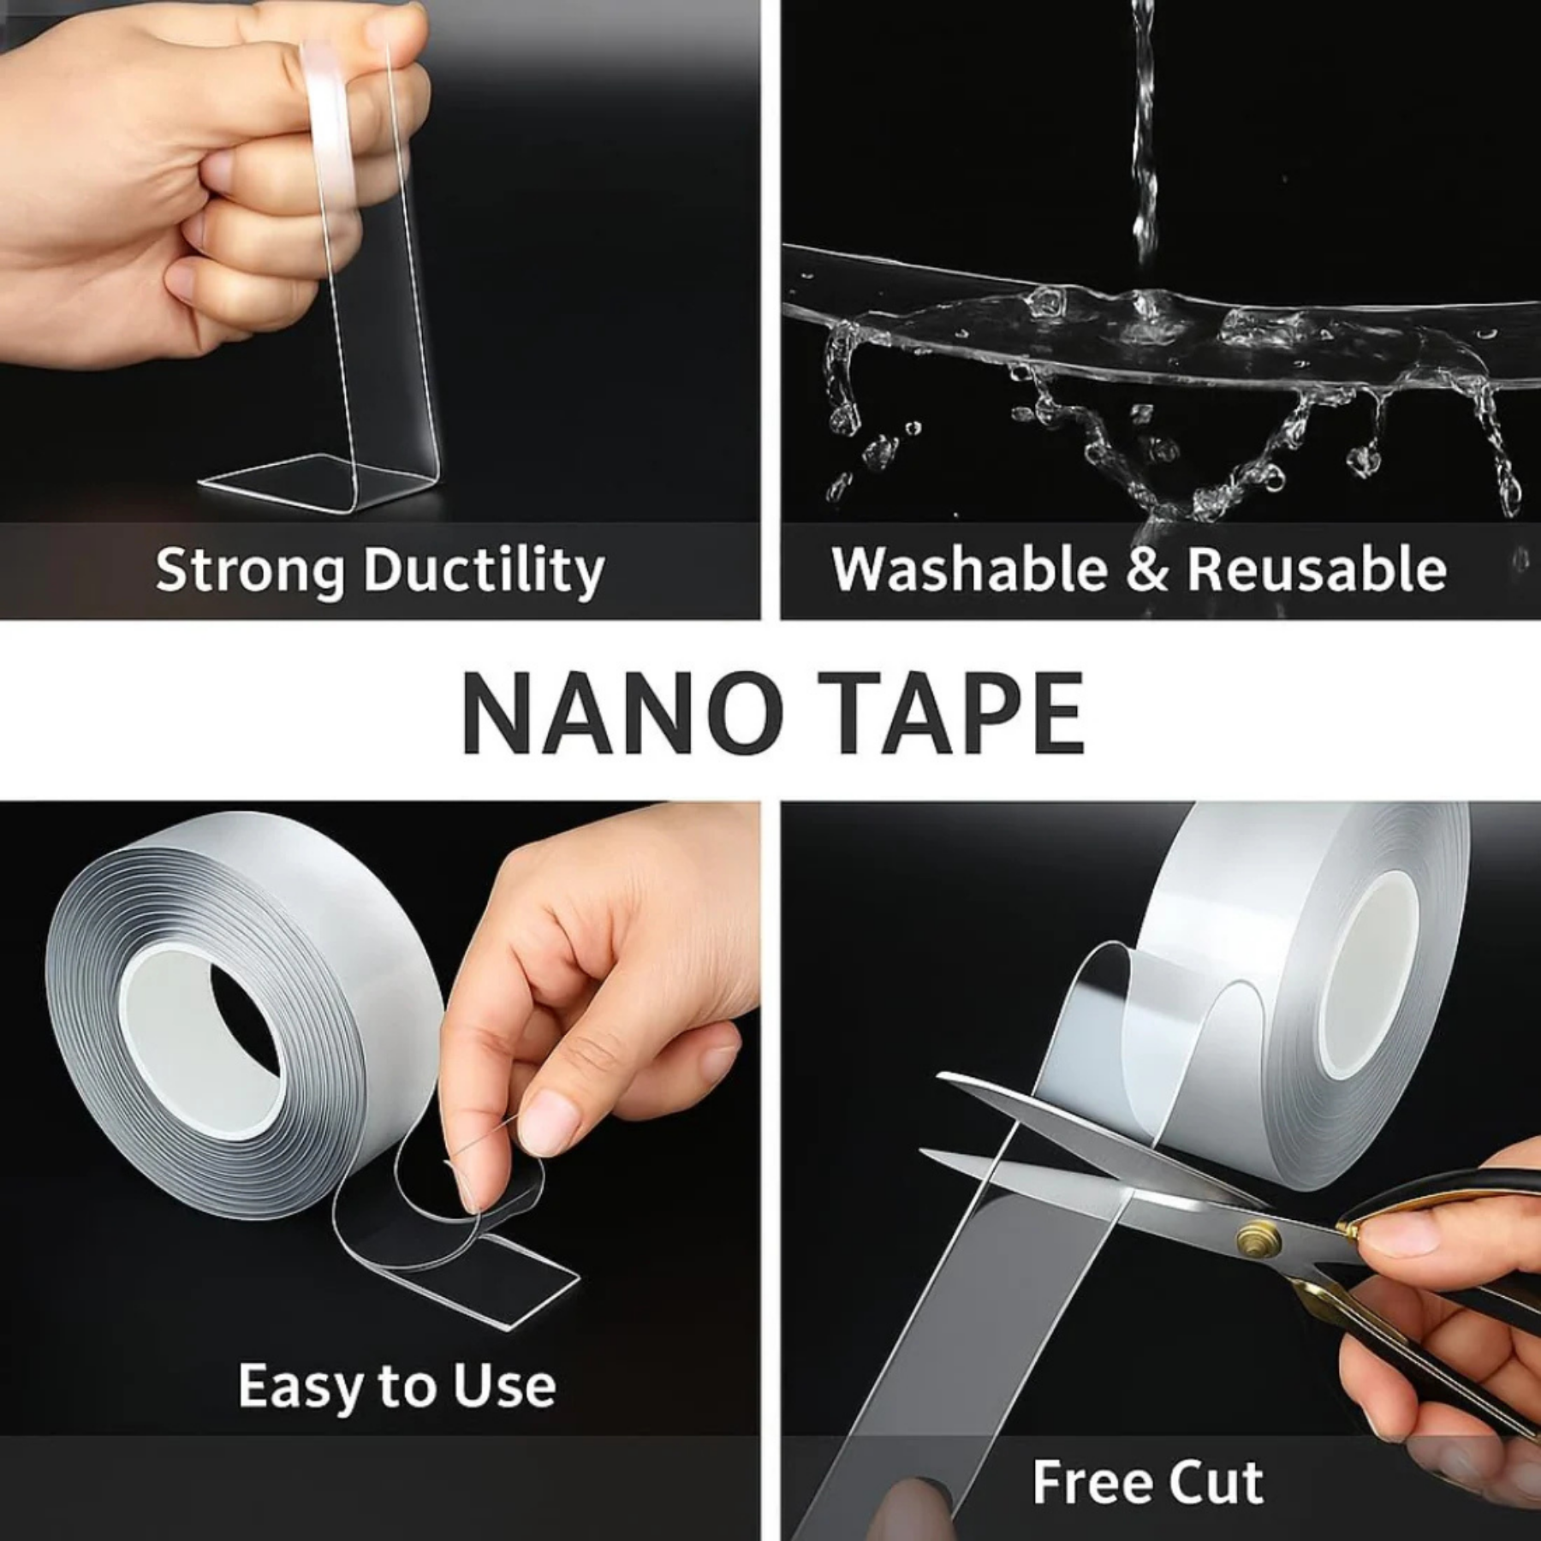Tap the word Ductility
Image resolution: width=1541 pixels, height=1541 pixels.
(485, 570)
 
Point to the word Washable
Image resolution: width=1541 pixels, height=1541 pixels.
(968, 568)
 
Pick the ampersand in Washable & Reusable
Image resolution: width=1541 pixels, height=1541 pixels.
(1145, 568)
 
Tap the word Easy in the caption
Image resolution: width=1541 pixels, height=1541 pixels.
(296, 1387)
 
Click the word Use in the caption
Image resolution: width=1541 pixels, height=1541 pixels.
(505, 1387)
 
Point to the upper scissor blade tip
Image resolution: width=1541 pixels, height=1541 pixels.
(950, 1080)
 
